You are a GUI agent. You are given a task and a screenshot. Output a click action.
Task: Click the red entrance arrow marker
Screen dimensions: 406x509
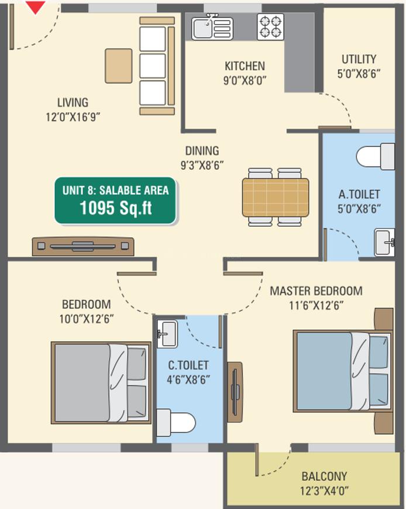pyautogui.click(x=35, y=7)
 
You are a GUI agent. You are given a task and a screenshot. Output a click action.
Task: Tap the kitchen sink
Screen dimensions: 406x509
pyautogui.click(x=212, y=28)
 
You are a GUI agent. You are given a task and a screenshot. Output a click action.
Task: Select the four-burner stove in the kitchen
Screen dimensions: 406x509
pyautogui.click(x=270, y=27)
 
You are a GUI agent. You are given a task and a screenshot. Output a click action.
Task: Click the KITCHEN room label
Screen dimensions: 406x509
pyautogui.click(x=245, y=66)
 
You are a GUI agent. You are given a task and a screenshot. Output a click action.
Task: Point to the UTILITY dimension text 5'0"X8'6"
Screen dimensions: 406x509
pyautogui.click(x=359, y=74)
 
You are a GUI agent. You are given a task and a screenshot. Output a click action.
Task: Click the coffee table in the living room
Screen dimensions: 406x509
pyautogui.click(x=119, y=66)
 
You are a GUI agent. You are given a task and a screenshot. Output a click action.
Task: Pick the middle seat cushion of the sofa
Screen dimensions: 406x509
pyautogui.click(x=153, y=66)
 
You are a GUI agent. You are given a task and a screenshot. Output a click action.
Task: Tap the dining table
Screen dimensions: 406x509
pyautogui.click(x=276, y=197)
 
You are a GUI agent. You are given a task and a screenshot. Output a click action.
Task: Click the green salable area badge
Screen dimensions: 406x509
pyautogui.click(x=115, y=201)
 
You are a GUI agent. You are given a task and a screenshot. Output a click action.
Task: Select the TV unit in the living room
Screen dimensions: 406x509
pyautogui.click(x=83, y=247)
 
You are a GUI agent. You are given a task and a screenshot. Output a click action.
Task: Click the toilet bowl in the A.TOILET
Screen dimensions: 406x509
pyautogui.click(x=375, y=156)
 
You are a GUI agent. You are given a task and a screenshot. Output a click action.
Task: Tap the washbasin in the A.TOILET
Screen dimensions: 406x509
pyautogui.click(x=384, y=242)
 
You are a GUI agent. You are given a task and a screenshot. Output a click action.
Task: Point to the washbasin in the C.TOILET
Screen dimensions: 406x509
pyautogui.click(x=167, y=334)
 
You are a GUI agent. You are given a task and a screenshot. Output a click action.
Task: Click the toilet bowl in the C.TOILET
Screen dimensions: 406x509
pyautogui.click(x=176, y=423)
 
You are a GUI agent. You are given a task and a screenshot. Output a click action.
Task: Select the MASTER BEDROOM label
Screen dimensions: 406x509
pyautogui.click(x=316, y=291)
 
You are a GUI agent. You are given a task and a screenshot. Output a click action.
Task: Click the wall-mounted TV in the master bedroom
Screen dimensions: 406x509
pyautogui.click(x=235, y=392)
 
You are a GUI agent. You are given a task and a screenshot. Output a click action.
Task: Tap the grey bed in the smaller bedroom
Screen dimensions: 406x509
pyautogui.click(x=101, y=382)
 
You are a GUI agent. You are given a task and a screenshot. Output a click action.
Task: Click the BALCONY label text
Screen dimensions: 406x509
pyautogui.click(x=324, y=476)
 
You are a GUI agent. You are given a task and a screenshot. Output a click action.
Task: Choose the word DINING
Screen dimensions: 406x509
pyautogui.click(x=202, y=151)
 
